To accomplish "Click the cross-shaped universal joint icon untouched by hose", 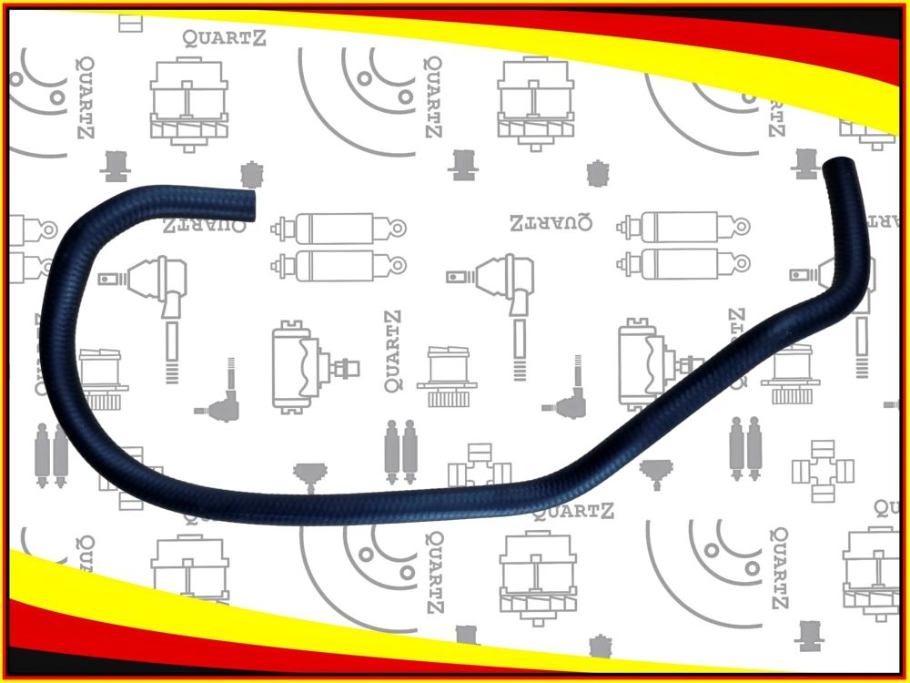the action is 823,469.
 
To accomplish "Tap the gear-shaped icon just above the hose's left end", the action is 251,174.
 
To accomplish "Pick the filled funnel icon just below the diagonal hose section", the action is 652,473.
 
